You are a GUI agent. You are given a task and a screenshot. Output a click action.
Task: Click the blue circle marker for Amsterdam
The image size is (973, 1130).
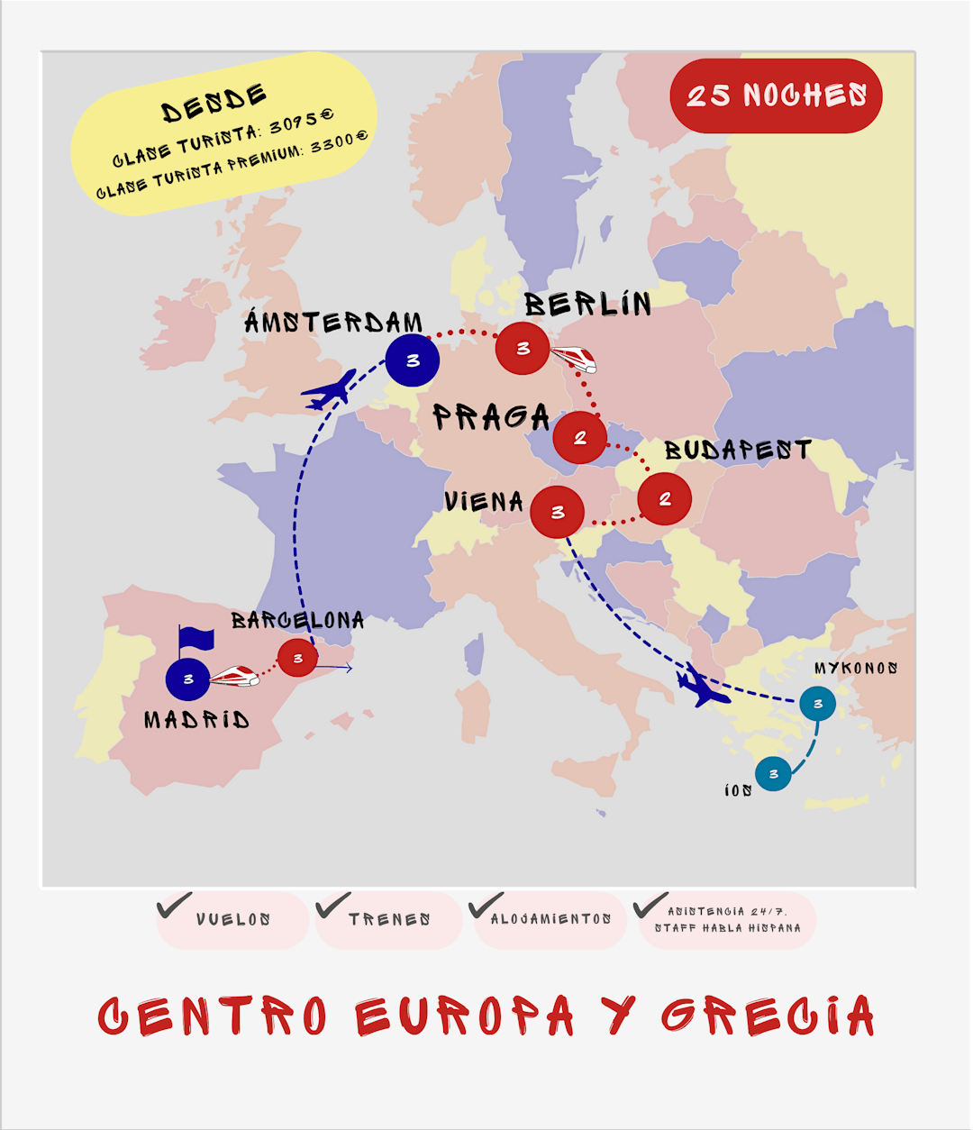tap(413, 360)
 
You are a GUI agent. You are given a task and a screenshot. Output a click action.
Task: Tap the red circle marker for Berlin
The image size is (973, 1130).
tap(523, 348)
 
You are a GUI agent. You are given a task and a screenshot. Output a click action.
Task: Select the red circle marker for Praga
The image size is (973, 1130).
tap(579, 438)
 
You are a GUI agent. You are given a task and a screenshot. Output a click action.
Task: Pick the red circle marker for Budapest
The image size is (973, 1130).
tap(665, 498)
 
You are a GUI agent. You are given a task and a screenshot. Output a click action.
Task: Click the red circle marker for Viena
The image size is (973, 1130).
tap(558, 512)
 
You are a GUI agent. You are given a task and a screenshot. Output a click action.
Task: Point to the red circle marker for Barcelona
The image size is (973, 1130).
tap(297, 658)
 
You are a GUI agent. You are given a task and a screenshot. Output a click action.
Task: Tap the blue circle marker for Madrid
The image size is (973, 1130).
tap(188, 679)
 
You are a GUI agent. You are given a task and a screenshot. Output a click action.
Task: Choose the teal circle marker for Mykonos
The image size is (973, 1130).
tap(817, 704)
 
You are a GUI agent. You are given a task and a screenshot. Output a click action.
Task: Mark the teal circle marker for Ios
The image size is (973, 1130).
tap(773, 773)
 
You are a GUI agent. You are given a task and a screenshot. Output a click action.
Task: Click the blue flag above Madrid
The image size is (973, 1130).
tap(196, 639)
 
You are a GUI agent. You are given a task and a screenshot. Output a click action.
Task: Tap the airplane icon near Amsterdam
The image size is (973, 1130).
tap(330, 390)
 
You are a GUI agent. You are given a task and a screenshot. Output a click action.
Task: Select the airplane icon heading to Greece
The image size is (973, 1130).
tap(703, 687)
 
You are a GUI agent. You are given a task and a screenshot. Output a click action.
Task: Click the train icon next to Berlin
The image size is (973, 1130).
tap(574, 360)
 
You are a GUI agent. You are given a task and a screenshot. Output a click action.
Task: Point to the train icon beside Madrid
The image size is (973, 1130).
tap(234, 676)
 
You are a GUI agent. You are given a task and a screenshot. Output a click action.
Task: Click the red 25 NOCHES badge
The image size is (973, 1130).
tap(776, 96)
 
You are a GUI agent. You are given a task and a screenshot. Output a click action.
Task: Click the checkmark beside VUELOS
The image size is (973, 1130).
tap(174, 905)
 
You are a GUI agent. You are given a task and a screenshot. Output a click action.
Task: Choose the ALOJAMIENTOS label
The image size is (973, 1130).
tap(550, 919)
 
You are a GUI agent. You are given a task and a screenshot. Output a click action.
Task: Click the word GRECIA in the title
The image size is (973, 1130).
tap(768, 1016)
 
